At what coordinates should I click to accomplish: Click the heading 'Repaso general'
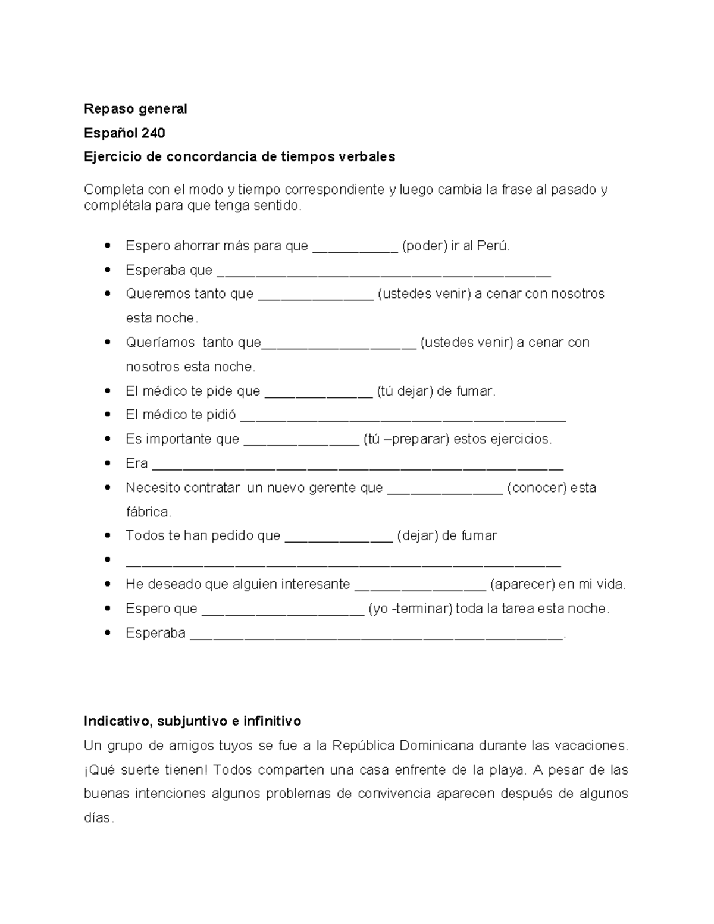135,109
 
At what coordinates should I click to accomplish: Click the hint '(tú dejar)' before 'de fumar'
405,391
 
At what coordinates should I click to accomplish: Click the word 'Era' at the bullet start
136,463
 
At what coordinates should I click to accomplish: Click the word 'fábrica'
148,512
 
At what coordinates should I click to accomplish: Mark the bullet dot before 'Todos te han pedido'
108,535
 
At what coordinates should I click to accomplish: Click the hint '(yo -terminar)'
410,609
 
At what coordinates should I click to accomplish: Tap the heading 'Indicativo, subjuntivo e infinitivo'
192,722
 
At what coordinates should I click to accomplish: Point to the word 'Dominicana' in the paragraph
437,746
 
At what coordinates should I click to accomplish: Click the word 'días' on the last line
98,819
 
